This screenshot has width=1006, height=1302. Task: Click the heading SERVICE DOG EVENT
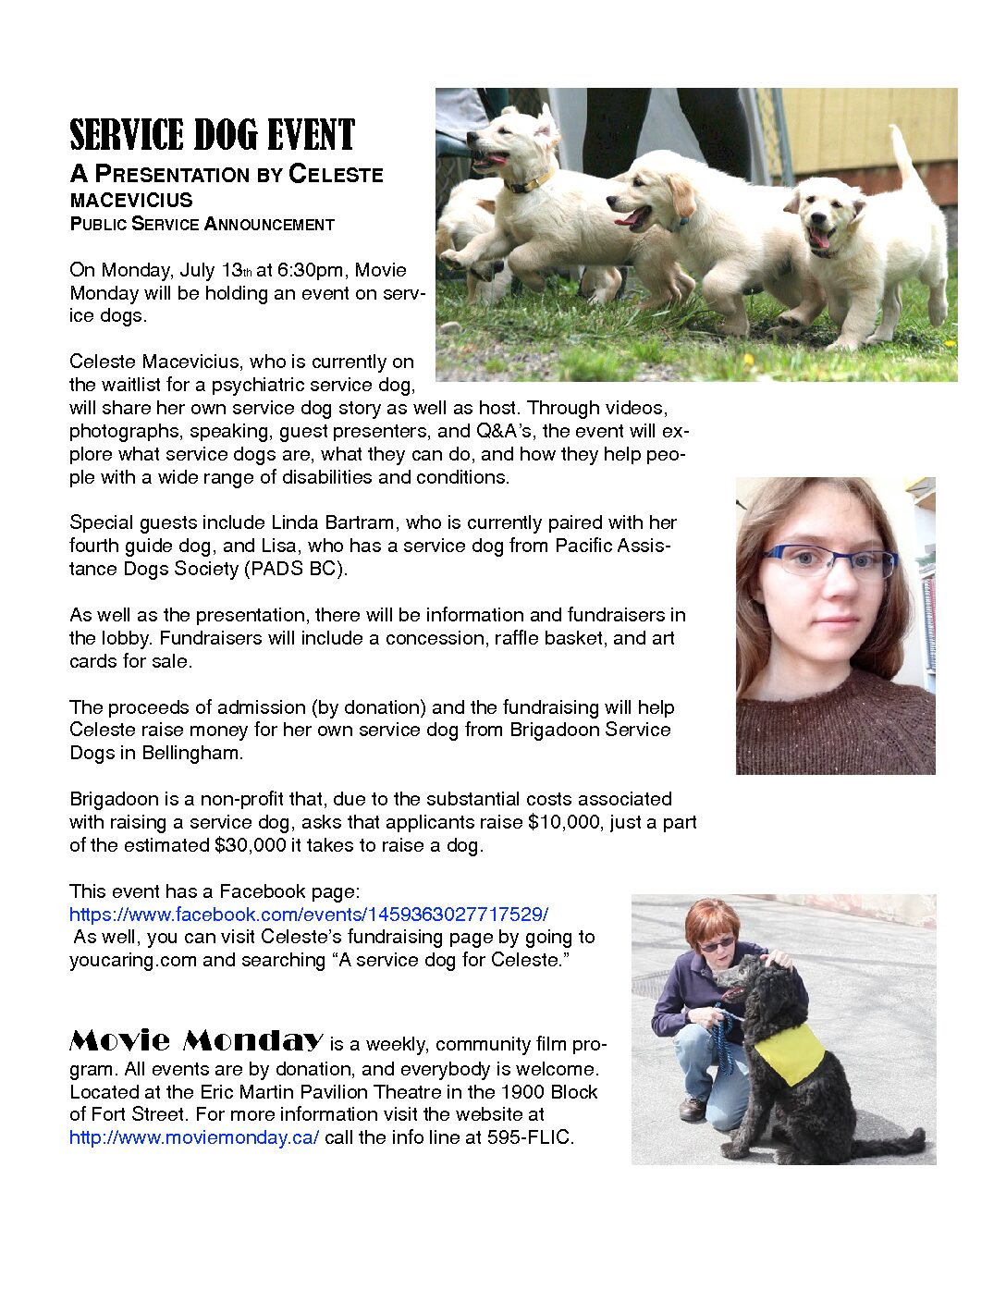point(212,135)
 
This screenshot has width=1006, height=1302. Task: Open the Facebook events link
point(309,915)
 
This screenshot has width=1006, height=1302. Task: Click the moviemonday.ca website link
point(194,1137)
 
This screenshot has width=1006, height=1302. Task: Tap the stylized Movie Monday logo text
point(196,1041)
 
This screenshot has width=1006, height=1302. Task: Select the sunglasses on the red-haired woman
point(717,944)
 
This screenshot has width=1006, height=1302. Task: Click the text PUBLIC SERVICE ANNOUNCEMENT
point(202,224)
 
